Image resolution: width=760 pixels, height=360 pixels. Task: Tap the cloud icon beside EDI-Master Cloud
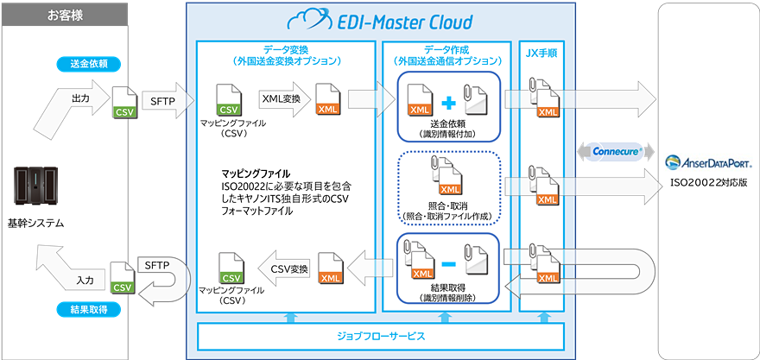307,20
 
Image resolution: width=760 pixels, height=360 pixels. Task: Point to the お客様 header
65,15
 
